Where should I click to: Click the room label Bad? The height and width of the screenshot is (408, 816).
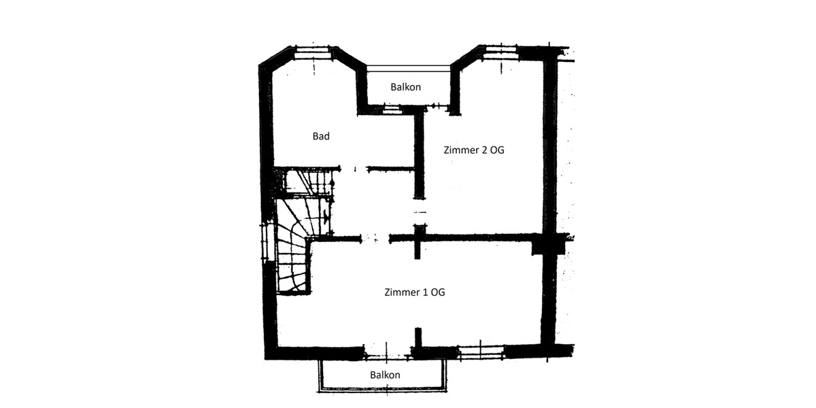pos(321,137)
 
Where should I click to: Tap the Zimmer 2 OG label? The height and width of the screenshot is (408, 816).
pos(474,150)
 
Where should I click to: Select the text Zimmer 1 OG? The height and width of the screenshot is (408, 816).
pos(415,292)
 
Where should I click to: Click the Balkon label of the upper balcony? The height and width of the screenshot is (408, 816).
pos(406,87)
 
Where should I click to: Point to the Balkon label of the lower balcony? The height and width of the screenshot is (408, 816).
pos(385,375)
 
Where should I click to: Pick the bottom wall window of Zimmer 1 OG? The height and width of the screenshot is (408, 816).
pos(482,352)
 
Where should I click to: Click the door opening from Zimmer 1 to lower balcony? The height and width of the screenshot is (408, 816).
pos(388,352)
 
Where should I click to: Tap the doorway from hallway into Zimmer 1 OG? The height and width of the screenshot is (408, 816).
pos(375,239)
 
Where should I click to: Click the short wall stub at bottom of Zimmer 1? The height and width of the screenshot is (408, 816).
pos(419,338)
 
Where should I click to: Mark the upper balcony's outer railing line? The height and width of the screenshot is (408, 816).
pos(409,66)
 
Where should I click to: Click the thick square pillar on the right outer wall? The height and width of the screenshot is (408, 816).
pos(548,243)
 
